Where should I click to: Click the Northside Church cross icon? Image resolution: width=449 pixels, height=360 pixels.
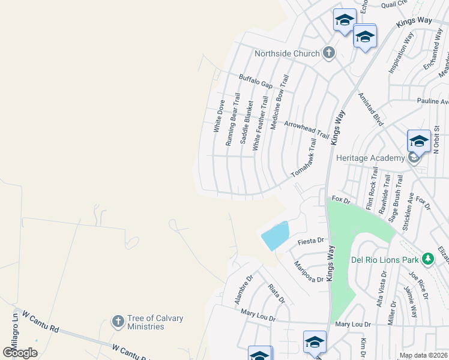pyautogui.click(x=328, y=53)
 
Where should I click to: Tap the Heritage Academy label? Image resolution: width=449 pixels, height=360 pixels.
pyautogui.click(x=370, y=158)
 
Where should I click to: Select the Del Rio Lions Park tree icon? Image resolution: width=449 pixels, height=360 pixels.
pyautogui.click(x=427, y=260)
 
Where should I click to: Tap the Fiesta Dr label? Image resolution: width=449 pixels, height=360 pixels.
pyautogui.click(x=310, y=241)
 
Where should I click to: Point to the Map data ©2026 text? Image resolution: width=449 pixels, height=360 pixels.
pyautogui.click(x=423, y=355)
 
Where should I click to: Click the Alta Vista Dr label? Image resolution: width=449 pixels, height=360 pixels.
pyautogui.click(x=381, y=289)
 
